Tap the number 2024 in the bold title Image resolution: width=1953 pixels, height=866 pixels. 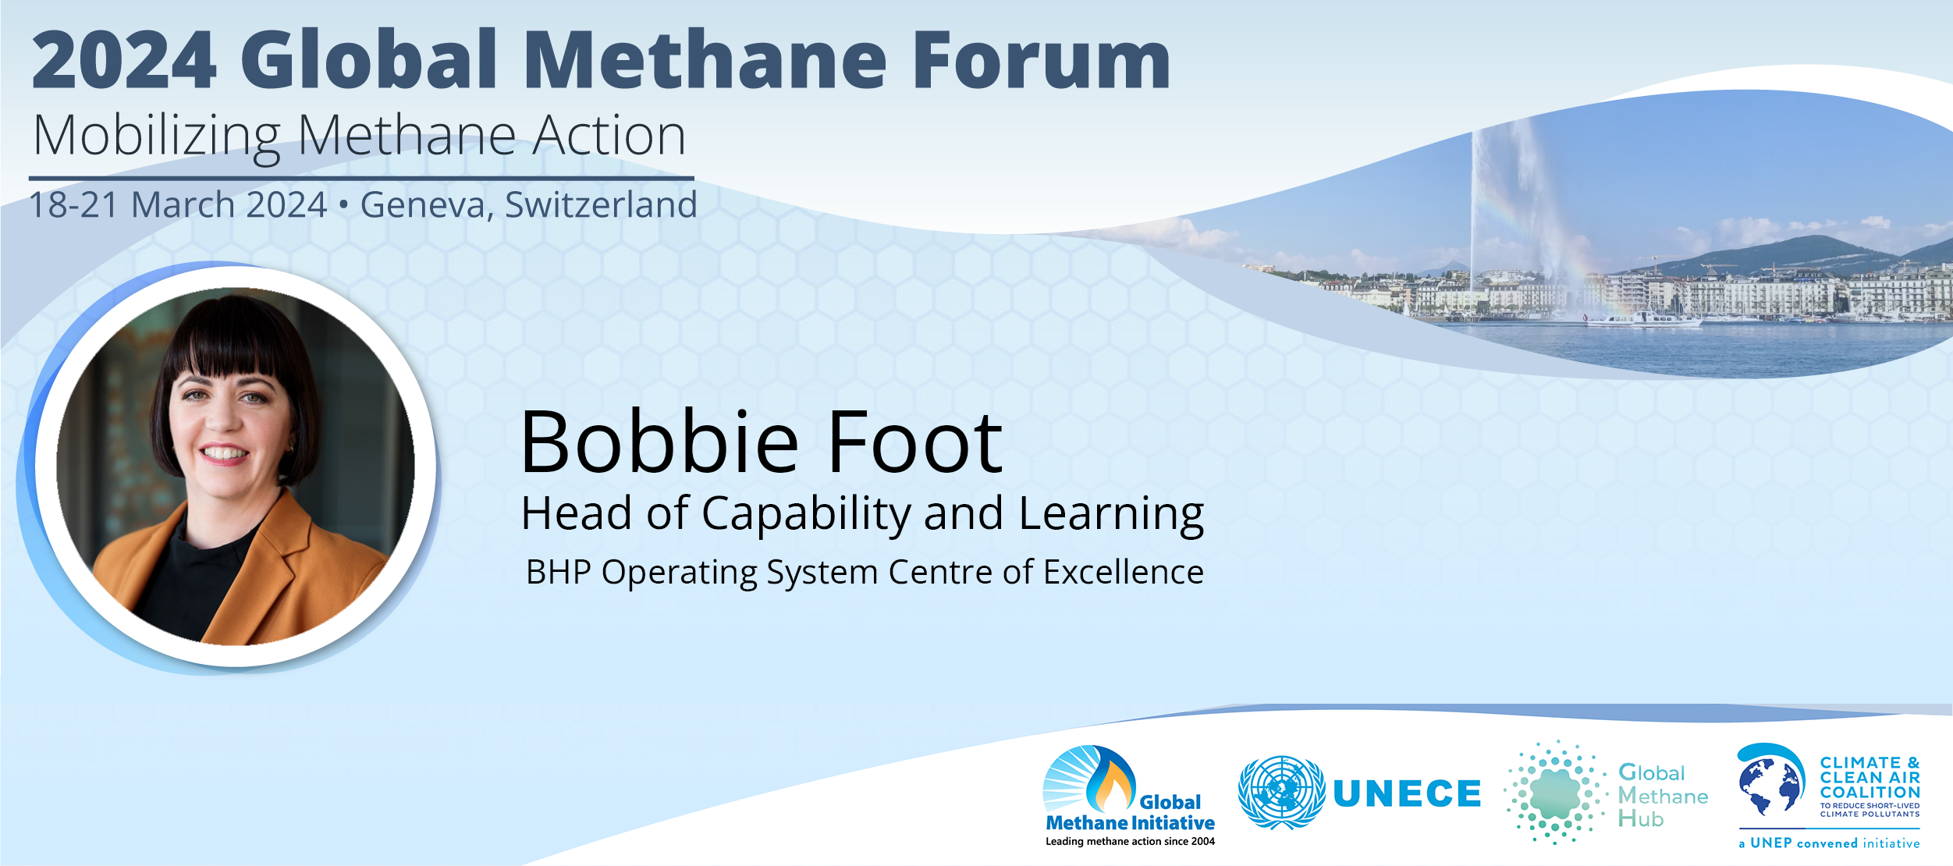124,60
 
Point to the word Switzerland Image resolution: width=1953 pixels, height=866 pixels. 601,204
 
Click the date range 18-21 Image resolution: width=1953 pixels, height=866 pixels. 73,205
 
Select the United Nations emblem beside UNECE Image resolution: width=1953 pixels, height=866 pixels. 1281,793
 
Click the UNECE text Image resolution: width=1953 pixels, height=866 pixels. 1407,794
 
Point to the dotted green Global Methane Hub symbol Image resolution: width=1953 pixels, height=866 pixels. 1555,793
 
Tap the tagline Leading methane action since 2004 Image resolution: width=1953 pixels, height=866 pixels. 1131,842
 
